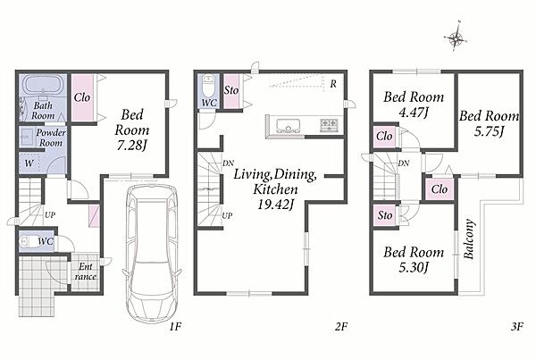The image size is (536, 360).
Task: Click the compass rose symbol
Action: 456,37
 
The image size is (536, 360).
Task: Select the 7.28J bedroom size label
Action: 131,146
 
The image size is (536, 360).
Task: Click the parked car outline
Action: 152,253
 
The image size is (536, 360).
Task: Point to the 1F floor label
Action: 174,326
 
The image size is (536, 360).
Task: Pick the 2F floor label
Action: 340,326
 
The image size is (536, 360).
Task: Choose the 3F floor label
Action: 517,326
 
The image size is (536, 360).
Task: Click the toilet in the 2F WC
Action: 208,87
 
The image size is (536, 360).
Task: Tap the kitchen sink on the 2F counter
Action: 289,125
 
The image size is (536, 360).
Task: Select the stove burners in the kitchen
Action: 329,125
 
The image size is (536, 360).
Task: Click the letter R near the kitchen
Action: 333,83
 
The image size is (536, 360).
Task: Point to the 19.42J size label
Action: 276,204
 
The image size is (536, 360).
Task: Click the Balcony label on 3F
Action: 469,239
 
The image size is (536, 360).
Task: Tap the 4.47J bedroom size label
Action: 414,112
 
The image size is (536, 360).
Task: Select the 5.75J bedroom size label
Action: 490,131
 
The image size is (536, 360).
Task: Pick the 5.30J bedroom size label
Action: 414,267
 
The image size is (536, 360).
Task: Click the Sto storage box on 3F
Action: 385,215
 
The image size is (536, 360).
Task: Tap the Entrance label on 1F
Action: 86,272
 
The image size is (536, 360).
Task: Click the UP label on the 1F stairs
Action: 50,215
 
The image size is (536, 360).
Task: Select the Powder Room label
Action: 51,138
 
